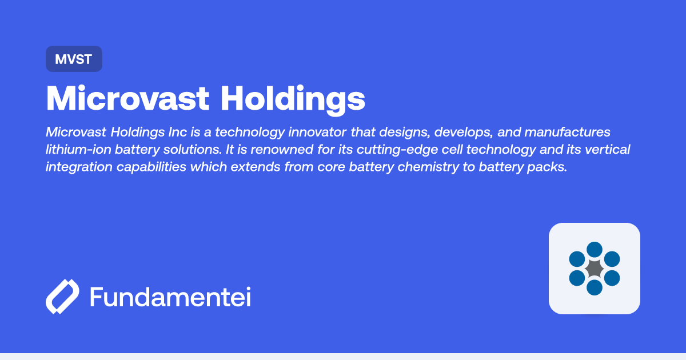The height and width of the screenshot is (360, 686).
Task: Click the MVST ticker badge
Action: tap(74, 59)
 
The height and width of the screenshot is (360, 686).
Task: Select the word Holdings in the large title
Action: tap(293, 100)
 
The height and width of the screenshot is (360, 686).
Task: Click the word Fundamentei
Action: tap(170, 297)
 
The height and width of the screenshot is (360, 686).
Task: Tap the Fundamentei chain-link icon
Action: tap(62, 297)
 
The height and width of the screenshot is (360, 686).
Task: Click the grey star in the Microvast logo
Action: tap(595, 268)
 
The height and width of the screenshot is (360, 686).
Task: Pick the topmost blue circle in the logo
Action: tap(595, 249)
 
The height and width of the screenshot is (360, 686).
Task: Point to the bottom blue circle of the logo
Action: tap(595, 287)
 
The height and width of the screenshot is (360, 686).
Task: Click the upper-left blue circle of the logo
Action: tap(577, 259)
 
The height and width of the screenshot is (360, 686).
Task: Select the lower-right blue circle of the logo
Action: tap(612, 278)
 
